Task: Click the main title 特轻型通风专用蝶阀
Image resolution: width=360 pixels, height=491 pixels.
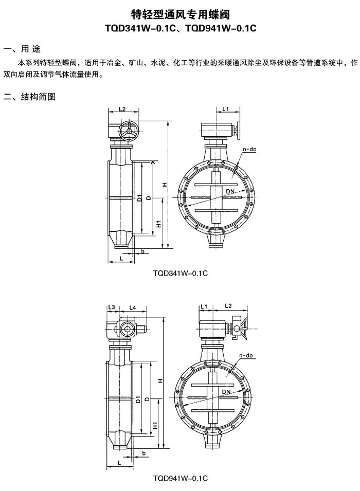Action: pos(180,14)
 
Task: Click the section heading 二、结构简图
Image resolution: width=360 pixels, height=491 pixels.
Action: pos(29,97)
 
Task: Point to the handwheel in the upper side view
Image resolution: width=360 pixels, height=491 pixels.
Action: pos(129,131)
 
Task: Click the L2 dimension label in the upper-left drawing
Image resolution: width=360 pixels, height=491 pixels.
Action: pos(122,109)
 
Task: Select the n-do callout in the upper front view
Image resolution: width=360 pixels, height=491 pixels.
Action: pos(250,150)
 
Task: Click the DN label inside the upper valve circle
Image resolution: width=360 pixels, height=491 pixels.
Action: pos(230,191)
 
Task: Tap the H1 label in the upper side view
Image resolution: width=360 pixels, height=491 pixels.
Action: pos(158,224)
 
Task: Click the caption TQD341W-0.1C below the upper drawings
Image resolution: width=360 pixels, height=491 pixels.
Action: pos(180,273)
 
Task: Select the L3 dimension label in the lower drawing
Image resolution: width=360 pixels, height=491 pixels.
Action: pos(112,307)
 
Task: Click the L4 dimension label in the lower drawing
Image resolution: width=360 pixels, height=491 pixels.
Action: pos(133,307)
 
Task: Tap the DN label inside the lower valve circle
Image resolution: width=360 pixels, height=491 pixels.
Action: pos(226,392)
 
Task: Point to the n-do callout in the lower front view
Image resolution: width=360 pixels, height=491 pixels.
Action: pos(246,356)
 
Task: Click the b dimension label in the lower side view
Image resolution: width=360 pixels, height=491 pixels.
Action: pos(144,453)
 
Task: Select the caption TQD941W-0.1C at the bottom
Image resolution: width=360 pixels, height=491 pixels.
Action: pos(180,478)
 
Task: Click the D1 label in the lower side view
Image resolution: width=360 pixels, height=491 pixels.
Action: pos(138,400)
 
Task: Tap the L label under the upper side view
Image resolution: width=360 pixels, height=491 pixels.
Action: pos(121,258)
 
